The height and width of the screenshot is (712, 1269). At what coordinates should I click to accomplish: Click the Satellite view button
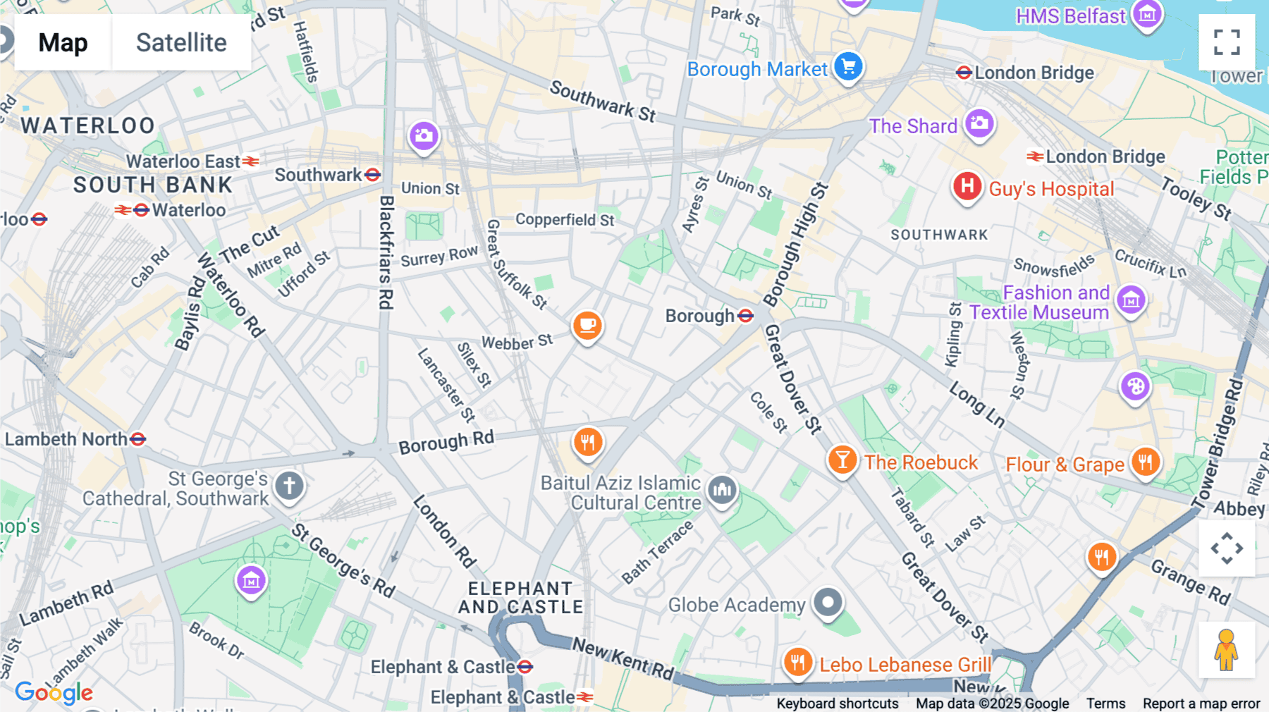click(x=181, y=42)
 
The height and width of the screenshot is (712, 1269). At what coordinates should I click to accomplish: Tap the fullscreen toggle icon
click(x=1227, y=42)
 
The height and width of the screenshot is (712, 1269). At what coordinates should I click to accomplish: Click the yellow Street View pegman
click(x=1226, y=649)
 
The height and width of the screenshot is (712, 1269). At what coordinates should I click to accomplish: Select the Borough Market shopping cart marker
click(x=848, y=67)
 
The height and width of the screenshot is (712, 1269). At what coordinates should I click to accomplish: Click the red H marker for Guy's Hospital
click(x=967, y=187)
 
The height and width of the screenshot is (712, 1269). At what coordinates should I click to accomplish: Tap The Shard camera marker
click(x=979, y=124)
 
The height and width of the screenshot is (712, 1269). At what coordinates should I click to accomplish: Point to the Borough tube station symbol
click(x=746, y=316)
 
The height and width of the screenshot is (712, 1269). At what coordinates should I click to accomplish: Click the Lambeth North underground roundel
click(x=138, y=439)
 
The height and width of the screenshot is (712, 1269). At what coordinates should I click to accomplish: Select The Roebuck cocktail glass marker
click(x=842, y=460)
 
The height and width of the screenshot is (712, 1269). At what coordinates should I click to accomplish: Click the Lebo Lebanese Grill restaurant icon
click(x=797, y=663)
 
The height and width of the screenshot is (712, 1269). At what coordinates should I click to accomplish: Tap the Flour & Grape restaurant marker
click(x=1145, y=462)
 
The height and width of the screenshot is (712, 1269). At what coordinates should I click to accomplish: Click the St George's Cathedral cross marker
click(x=289, y=486)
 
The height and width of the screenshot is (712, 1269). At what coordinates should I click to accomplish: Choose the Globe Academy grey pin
click(x=828, y=603)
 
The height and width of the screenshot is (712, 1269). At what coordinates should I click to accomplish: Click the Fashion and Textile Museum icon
click(x=1131, y=300)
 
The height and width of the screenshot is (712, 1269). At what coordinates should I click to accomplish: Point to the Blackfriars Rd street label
click(x=386, y=252)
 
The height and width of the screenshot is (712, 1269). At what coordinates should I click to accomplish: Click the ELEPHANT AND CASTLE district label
click(x=521, y=597)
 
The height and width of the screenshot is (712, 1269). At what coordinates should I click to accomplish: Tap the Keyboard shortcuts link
click(x=837, y=703)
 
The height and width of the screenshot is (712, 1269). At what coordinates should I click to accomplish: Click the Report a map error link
click(x=1201, y=703)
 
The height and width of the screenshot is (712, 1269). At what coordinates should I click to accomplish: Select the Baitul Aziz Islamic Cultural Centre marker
click(x=722, y=489)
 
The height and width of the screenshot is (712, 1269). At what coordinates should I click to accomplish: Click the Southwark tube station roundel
click(x=373, y=175)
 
